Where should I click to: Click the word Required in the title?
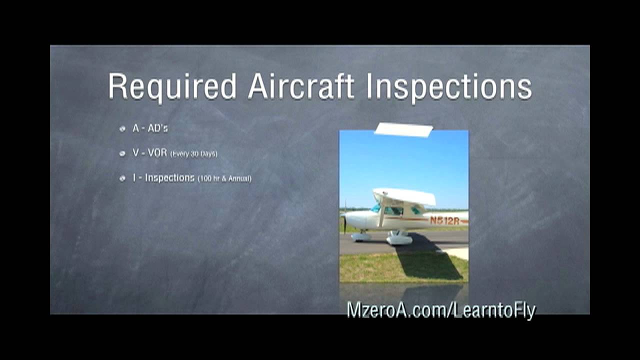[172, 86]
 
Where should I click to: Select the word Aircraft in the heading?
[301, 86]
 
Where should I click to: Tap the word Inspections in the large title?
[448, 87]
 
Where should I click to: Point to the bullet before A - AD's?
[122, 129]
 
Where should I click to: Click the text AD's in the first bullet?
[157, 128]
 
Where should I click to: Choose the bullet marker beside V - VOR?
[122, 153]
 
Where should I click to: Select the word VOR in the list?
[157, 153]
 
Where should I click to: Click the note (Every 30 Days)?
[194, 154]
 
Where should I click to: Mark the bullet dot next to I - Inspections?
[122, 178]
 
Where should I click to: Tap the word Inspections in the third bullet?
[169, 177]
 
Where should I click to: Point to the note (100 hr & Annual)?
[224, 178]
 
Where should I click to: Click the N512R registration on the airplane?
[444, 220]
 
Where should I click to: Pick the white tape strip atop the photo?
[403, 129]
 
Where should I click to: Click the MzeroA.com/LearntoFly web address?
[441, 310]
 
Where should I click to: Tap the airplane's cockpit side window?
[393, 211]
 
